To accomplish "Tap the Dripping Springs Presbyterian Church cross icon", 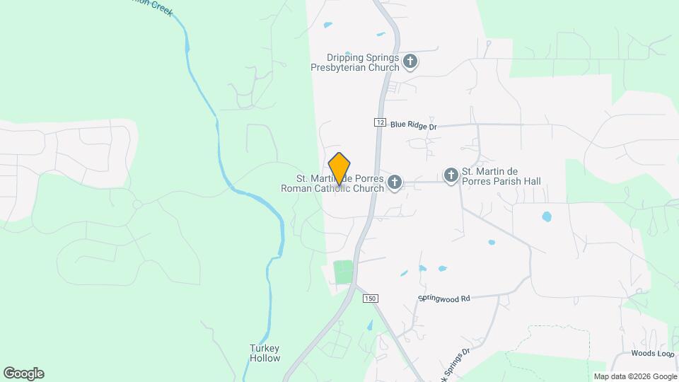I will tap(410, 62).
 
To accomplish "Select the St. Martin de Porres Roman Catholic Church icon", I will tap(395, 183).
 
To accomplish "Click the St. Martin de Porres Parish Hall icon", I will tap(451, 175).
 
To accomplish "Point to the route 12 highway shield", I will tap(381, 122).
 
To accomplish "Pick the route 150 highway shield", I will tap(369, 299).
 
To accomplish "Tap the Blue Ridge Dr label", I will tap(414, 125).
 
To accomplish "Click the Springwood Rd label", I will tap(444, 299).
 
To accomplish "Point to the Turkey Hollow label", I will tap(265, 353).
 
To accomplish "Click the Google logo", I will tap(23, 374).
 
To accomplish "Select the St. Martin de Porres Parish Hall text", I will tap(501, 176).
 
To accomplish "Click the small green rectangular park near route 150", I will tap(343, 272).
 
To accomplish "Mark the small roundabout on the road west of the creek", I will tap(138, 204).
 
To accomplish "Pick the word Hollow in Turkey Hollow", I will tap(265, 358).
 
